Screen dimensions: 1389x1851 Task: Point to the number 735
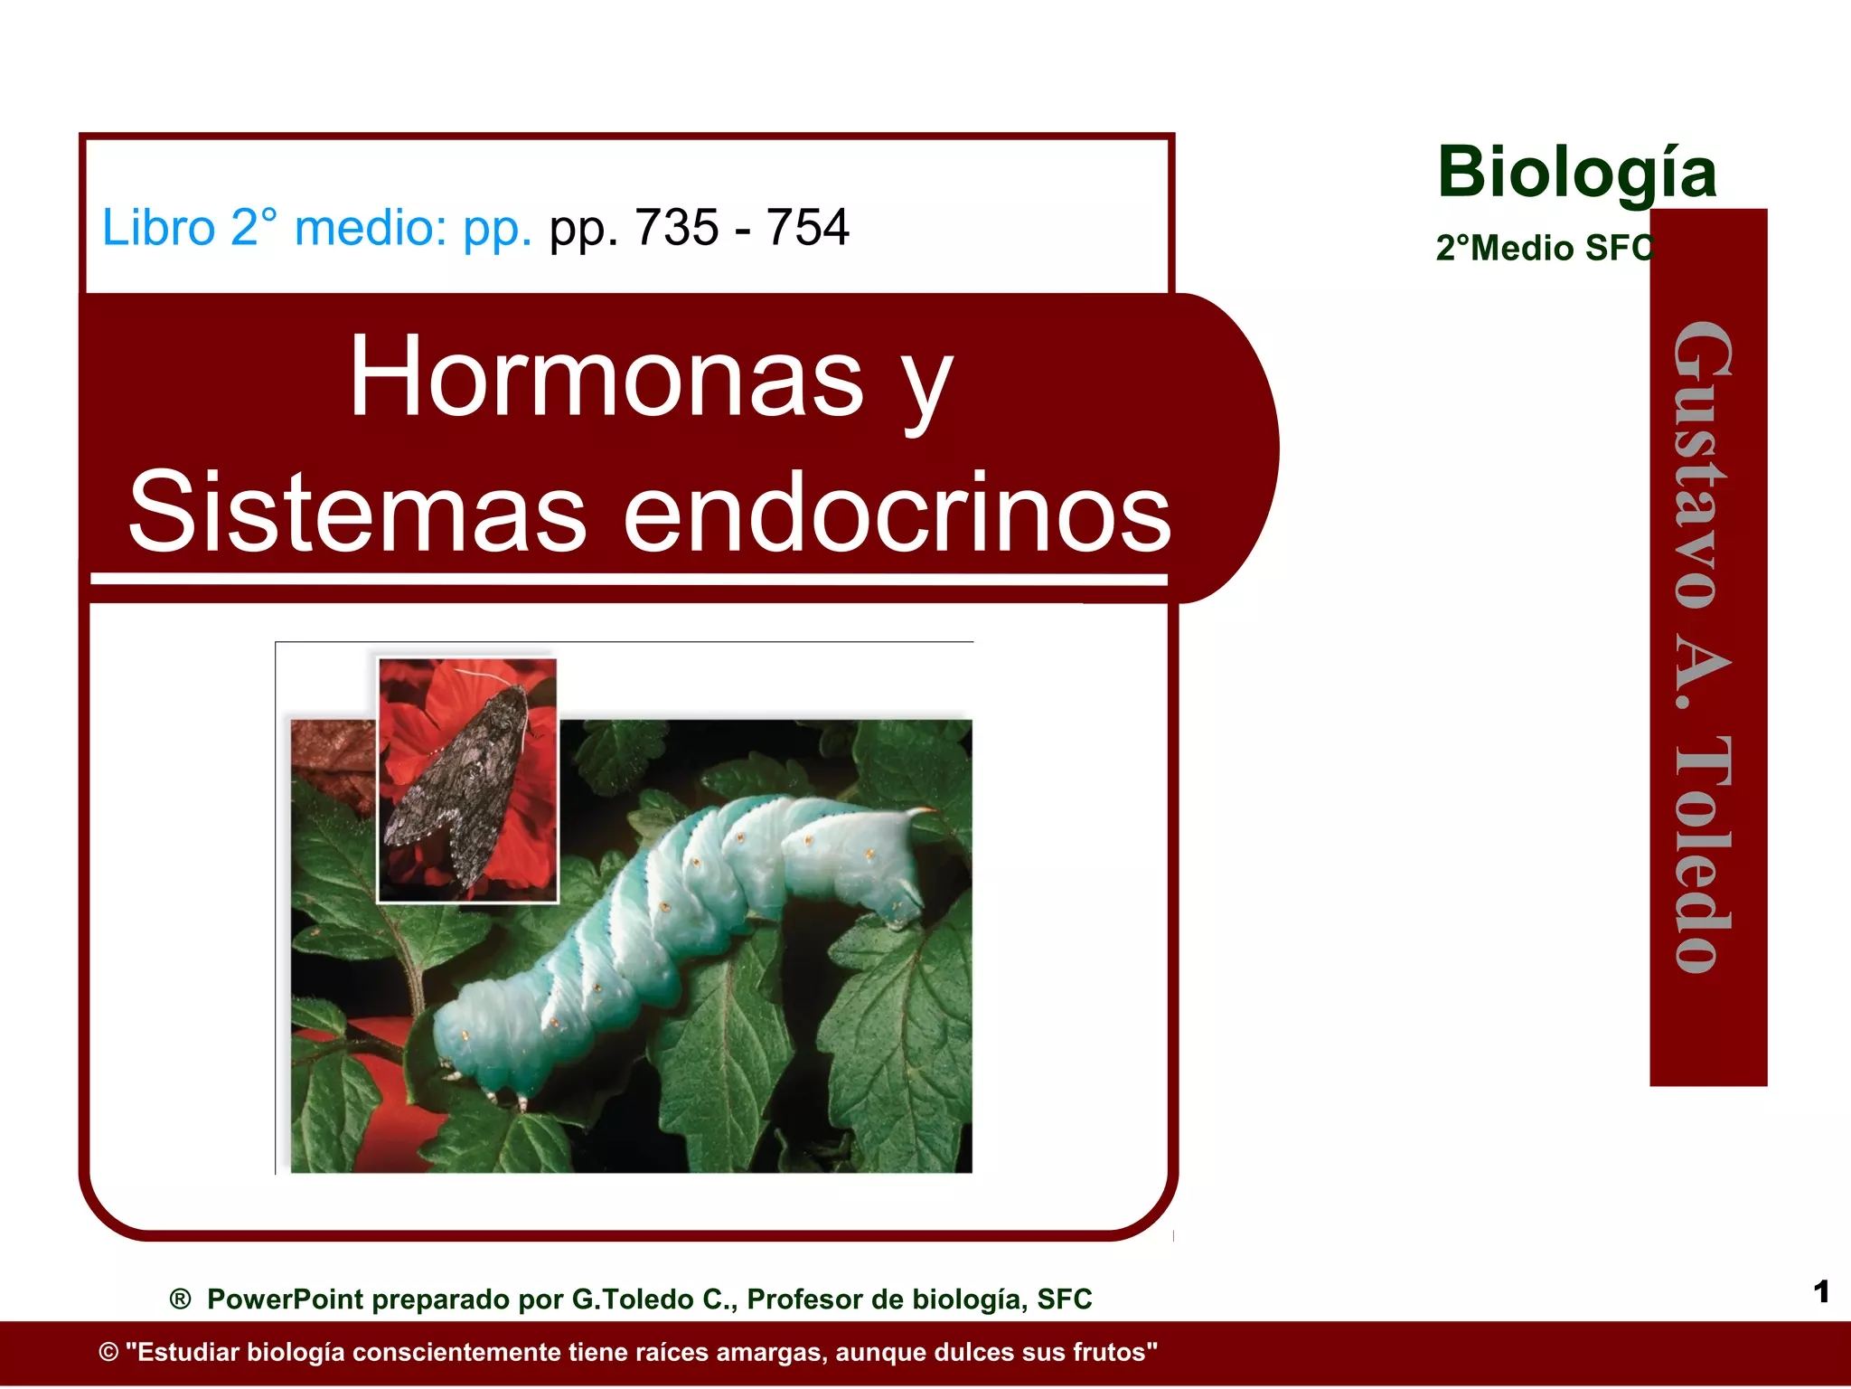point(676,227)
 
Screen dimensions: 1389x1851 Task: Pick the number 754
point(807,227)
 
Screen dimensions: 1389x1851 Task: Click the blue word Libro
point(158,227)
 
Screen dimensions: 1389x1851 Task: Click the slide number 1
point(1821,1291)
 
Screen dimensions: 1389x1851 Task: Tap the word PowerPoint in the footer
point(285,1299)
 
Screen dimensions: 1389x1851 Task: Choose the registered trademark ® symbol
point(180,1299)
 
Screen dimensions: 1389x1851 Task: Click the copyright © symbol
point(108,1353)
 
